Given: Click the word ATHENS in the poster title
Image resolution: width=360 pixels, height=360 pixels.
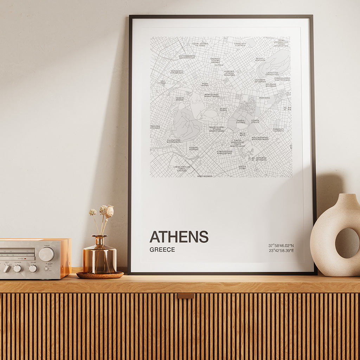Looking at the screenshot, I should click(179, 237).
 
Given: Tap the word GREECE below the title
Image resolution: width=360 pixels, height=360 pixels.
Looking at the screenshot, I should click(162, 250).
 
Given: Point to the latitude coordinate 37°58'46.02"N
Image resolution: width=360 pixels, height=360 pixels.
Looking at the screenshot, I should click(281, 245).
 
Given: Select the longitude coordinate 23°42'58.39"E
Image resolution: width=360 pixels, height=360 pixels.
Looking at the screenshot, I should click(281, 251).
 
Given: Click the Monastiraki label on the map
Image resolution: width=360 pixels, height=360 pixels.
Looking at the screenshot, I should click(212, 95).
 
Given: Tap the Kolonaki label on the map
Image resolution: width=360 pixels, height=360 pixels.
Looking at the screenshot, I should click(271, 85).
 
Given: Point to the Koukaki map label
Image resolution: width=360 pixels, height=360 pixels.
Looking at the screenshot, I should click(194, 149).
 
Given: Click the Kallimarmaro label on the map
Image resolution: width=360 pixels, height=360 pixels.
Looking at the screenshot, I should click(260, 138).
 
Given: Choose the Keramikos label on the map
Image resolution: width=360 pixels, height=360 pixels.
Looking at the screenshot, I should click(177, 72).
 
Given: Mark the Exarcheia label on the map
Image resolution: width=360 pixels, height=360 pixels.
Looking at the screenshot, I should click(240, 44).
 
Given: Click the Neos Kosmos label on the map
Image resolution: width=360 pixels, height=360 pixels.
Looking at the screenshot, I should click(205, 176).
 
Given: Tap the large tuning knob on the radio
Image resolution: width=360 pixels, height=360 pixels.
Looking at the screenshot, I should click(46, 254).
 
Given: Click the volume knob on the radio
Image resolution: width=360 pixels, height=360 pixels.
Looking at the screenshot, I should click(33, 269).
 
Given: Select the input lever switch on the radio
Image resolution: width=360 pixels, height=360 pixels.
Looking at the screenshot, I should click(6, 269).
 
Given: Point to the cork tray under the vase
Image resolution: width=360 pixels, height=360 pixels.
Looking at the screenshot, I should click(100, 275).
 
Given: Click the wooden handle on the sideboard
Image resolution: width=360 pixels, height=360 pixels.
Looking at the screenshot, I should click(186, 296).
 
